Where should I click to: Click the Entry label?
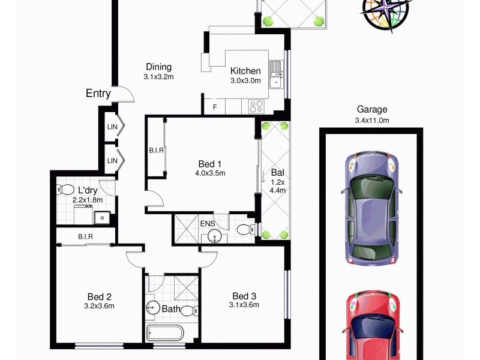click(x=98, y=94)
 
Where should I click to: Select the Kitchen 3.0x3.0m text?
click(x=245, y=76)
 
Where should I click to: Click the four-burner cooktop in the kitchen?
click(x=257, y=106)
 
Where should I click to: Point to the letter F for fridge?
click(x=215, y=107)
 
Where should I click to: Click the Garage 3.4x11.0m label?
click(x=372, y=114)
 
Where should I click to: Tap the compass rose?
click(x=386, y=13)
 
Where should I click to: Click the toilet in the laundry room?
click(x=65, y=190)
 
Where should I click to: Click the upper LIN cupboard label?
click(x=112, y=127)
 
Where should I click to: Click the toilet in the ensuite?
click(x=245, y=229)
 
